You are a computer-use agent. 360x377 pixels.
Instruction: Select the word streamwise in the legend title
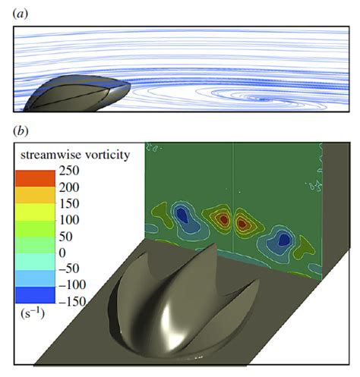click(51, 155)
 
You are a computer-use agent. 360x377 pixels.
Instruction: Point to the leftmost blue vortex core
click(182, 215)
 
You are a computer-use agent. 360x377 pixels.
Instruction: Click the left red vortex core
click(222, 219)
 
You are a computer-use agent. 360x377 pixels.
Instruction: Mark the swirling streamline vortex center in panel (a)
click(263, 99)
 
